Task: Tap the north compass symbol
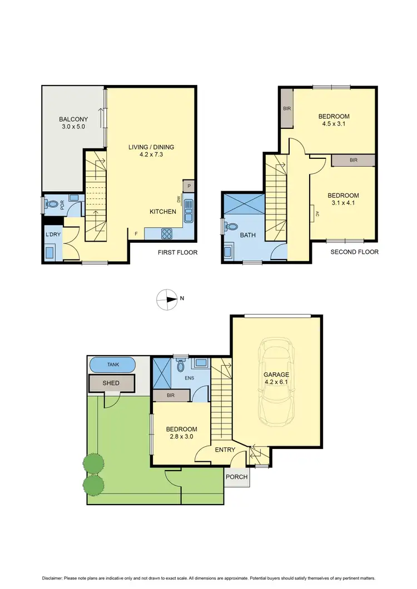pos(166,299)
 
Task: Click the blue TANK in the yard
pos(113,365)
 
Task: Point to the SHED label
pos(111,383)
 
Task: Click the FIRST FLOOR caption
pos(178,252)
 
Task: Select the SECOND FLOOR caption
pos(354,252)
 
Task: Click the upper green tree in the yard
pos(93,462)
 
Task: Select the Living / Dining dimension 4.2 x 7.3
pos(151,156)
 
